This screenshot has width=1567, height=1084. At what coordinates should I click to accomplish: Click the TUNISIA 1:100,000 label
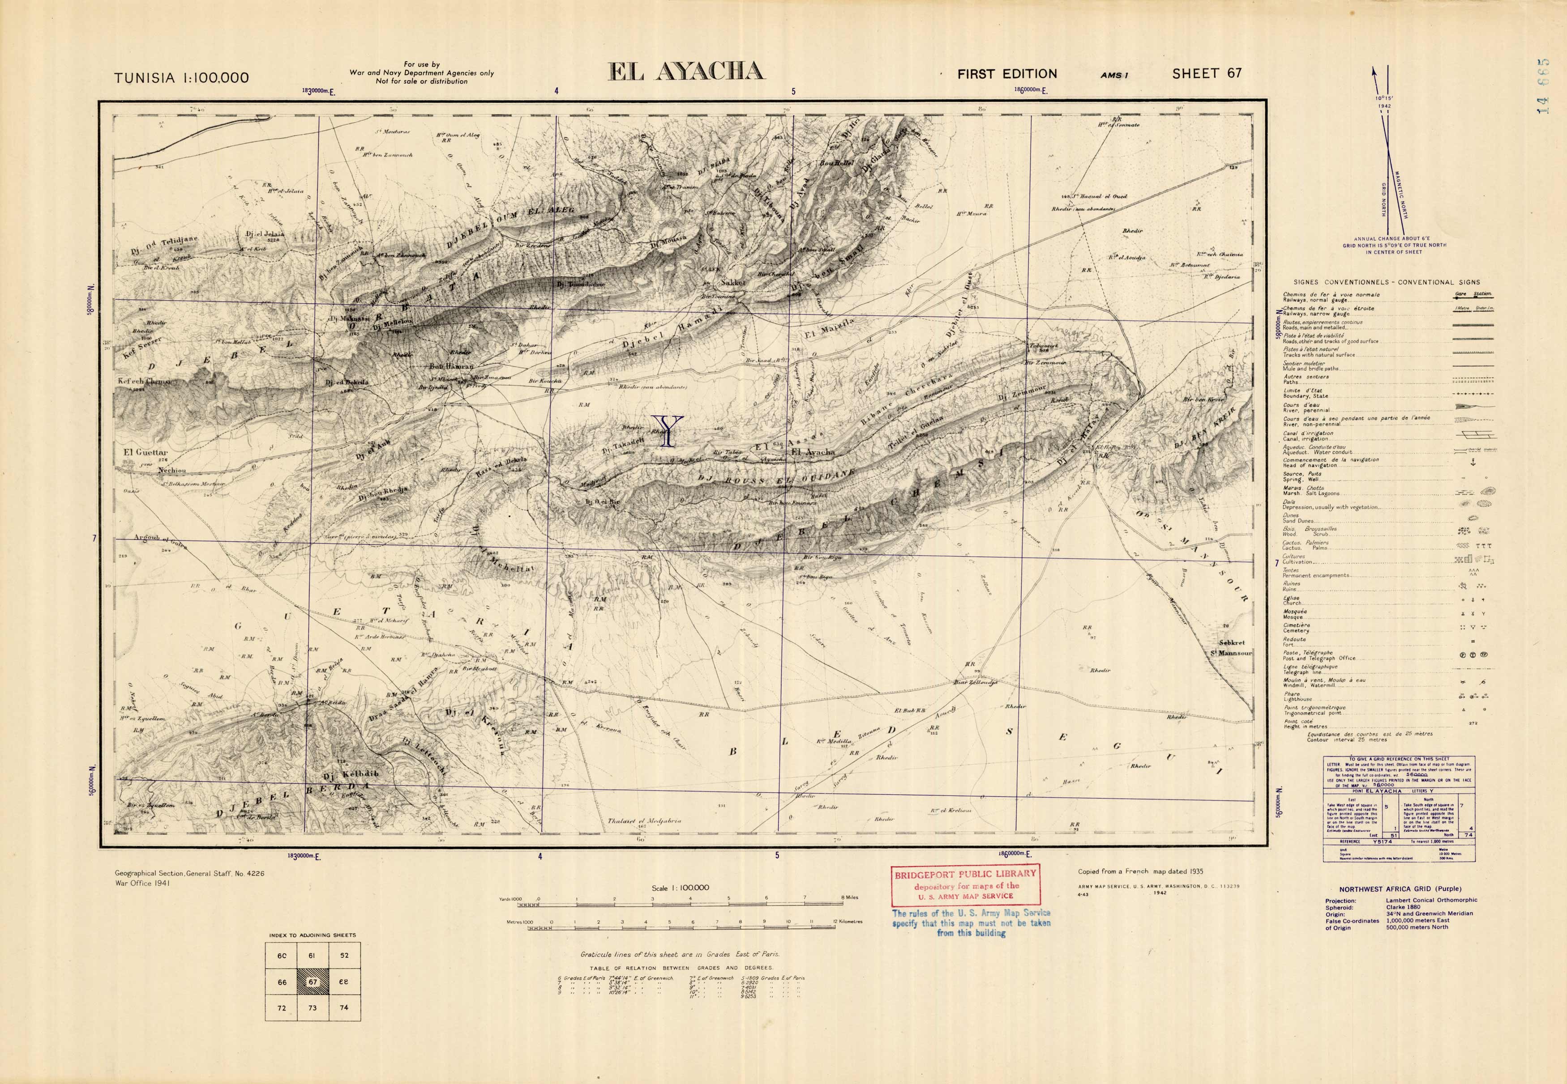(x=181, y=77)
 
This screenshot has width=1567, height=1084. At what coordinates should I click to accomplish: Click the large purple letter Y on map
(x=669, y=431)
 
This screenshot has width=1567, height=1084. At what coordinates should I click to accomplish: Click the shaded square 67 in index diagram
(x=313, y=982)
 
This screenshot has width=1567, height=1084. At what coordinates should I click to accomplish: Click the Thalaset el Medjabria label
(x=644, y=820)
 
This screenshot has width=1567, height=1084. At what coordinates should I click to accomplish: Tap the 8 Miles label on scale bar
(x=849, y=897)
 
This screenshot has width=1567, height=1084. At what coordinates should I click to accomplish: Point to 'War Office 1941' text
(x=143, y=884)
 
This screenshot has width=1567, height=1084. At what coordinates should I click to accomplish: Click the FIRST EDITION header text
(x=1007, y=74)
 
